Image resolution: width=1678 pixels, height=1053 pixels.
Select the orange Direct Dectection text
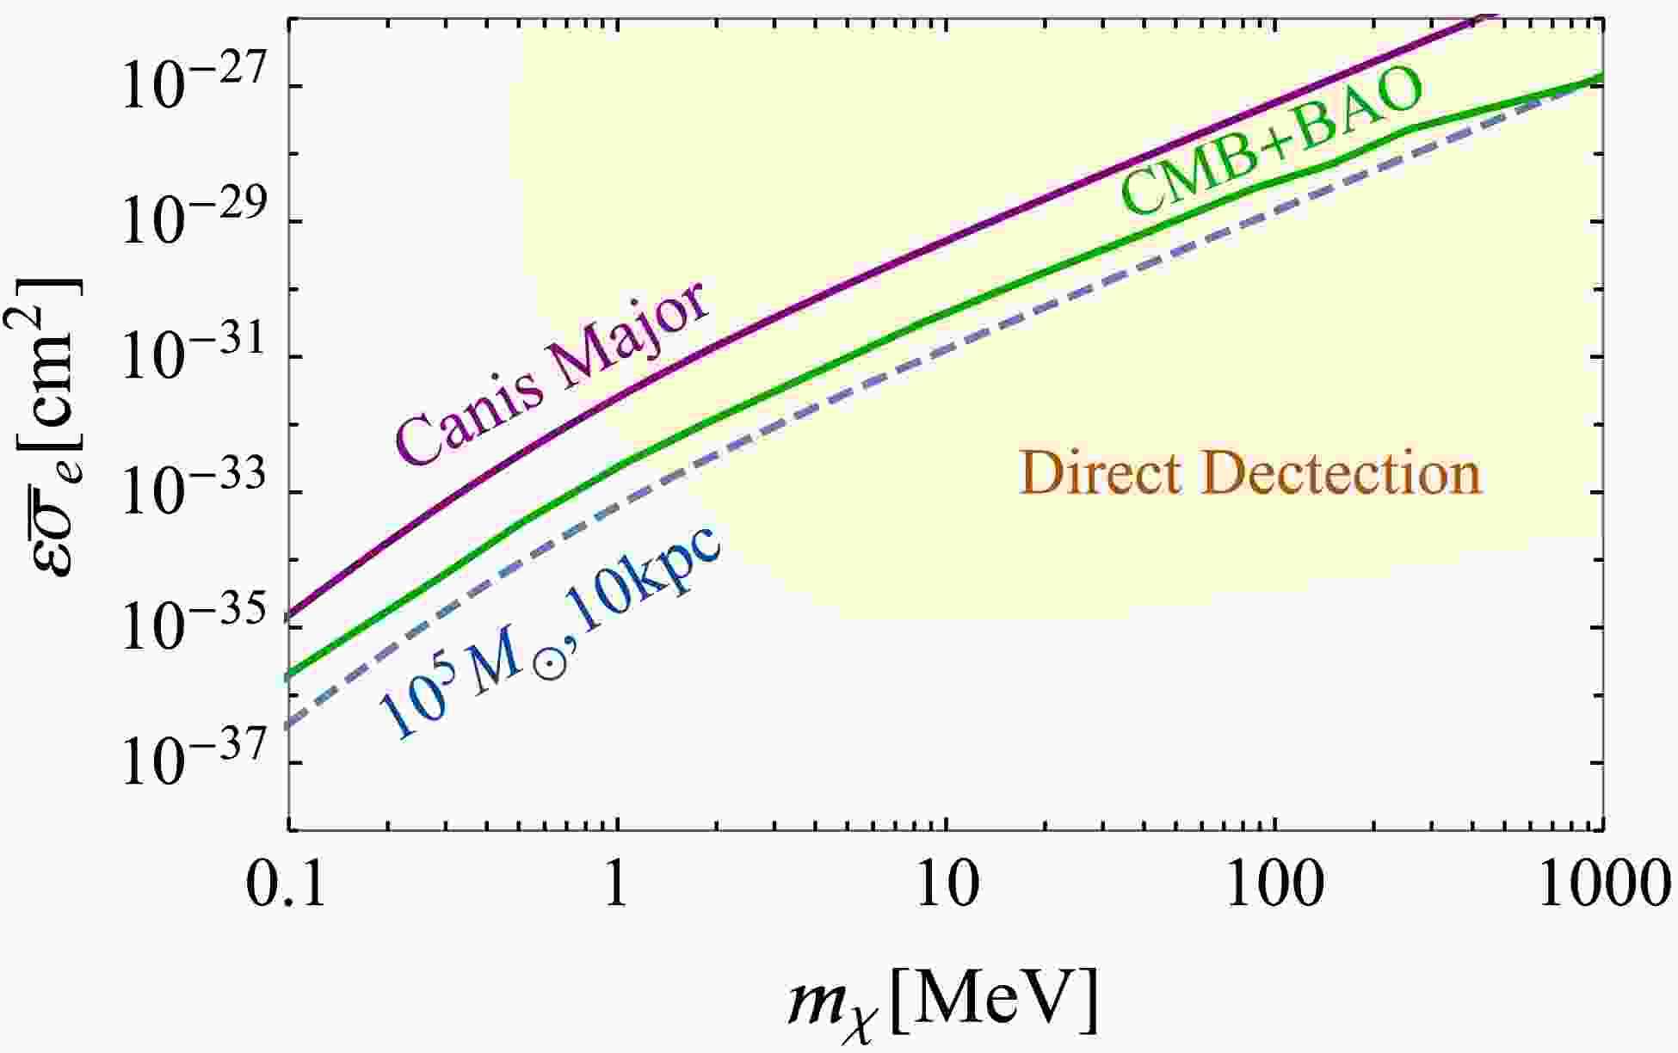click(1250, 474)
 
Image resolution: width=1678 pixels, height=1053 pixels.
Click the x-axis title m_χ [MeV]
click(943, 1002)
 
